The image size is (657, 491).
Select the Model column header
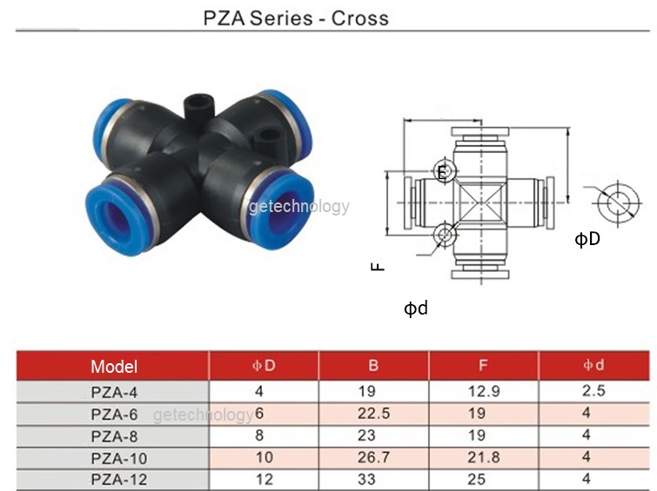coord(114,367)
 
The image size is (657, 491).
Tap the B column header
coord(374,366)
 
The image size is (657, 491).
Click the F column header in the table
coord(484,366)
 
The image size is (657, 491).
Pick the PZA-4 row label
coord(114,391)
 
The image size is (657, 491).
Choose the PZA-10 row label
coord(114,457)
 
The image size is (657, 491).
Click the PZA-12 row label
coord(114,479)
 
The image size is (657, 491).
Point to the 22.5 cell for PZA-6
coord(374,414)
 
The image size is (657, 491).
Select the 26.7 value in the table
coord(374,457)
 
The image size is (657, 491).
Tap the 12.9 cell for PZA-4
coord(484,391)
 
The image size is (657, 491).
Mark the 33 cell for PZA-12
coord(374,479)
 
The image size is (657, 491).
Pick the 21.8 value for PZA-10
coord(484,457)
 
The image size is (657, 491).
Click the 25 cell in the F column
coord(484,479)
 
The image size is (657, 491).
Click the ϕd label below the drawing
coord(415,308)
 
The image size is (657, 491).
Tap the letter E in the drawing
coord(442,172)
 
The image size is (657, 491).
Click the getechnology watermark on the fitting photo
coord(298,207)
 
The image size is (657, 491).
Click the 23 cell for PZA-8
coord(374,435)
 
